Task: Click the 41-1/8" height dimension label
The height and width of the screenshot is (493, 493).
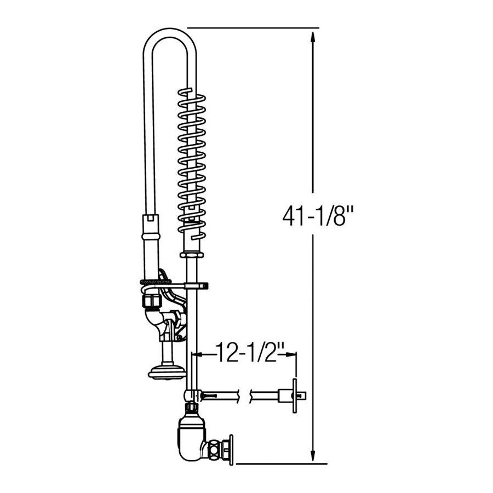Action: (x=318, y=215)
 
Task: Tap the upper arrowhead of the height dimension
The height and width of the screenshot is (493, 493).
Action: (x=313, y=38)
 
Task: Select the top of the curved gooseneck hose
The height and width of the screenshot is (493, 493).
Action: (x=170, y=33)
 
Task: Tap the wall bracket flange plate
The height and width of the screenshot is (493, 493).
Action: (x=295, y=395)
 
